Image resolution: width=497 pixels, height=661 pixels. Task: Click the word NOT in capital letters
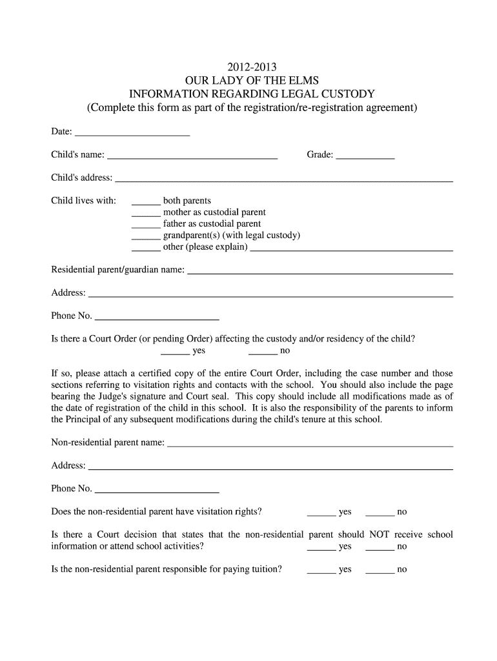pos(379,534)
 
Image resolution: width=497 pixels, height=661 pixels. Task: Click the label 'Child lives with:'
pos(84,201)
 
